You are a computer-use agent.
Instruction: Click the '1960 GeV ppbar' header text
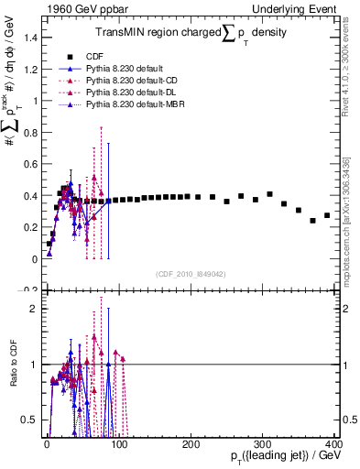[x=77, y=8]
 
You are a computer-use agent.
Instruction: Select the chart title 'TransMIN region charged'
[x=157, y=32]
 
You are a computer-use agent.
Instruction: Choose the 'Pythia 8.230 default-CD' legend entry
[x=146, y=82]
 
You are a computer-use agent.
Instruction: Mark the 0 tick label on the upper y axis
[x=35, y=259]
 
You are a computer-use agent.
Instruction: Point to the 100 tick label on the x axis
[x=119, y=442]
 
